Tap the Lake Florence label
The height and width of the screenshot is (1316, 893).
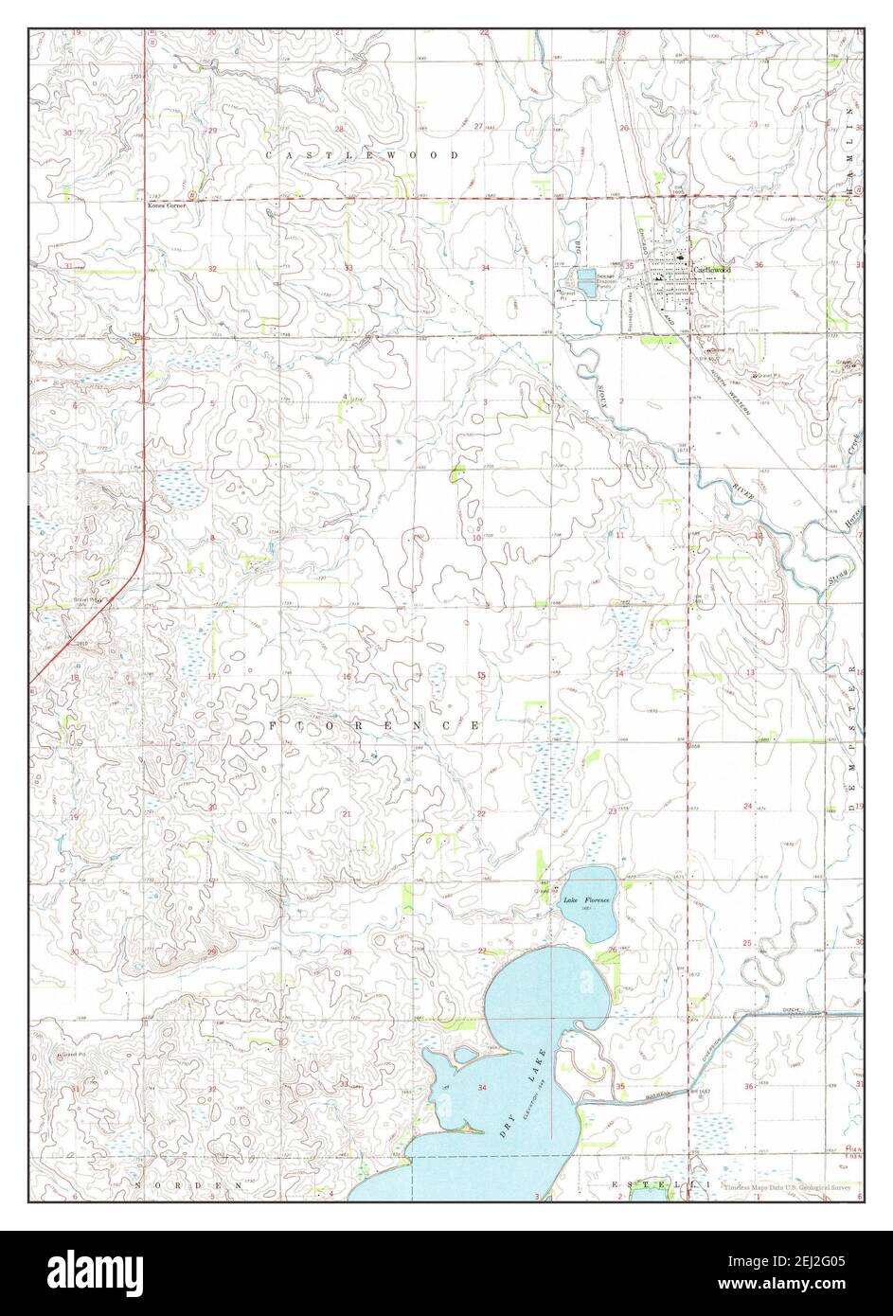point(588,899)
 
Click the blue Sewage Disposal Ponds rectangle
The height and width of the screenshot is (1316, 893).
point(586,280)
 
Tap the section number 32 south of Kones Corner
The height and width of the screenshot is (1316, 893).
point(213,270)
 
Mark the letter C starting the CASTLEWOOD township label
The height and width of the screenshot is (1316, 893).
point(269,154)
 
